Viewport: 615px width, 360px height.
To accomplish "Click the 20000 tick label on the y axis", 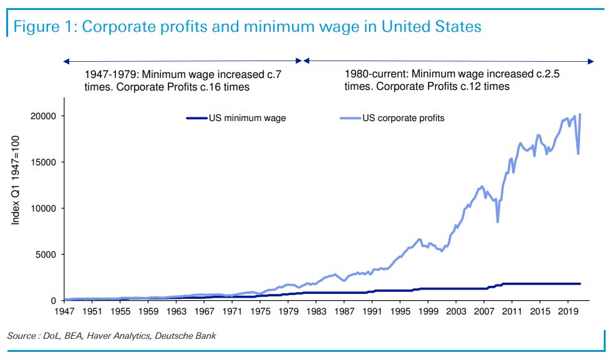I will [44, 116].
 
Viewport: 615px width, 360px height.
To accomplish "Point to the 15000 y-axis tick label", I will [44, 162].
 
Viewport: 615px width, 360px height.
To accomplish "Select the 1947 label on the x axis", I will [64, 311].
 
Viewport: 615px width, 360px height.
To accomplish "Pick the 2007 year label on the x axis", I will [484, 311].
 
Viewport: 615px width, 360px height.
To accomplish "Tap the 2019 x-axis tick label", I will [568, 311].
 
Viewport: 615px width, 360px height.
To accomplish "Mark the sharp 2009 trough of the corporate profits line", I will [497, 221].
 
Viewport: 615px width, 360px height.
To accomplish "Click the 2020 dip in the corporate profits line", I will [578, 153].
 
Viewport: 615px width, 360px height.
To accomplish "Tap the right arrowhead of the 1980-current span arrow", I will [591, 61].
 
